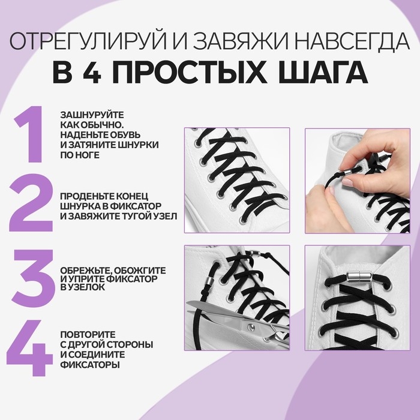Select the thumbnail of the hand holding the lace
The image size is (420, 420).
[x=357, y=180]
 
